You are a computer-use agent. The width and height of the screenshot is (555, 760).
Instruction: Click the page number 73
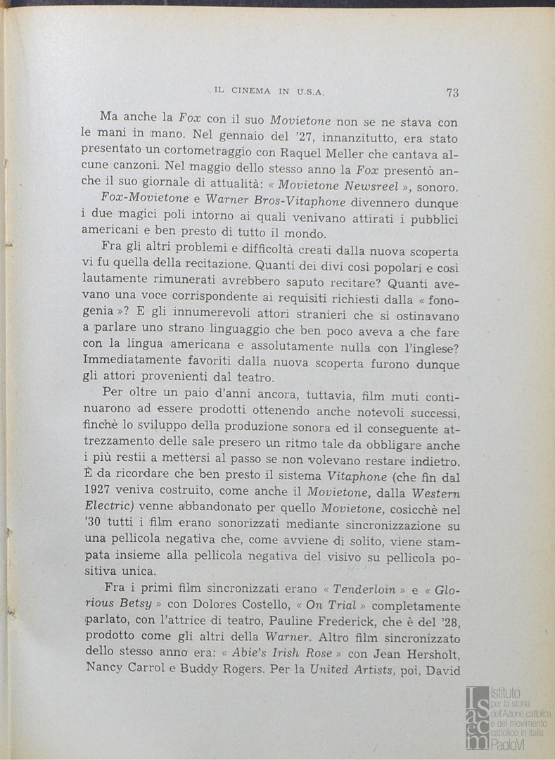[452, 92]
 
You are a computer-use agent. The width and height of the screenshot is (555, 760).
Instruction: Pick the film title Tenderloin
[361, 590]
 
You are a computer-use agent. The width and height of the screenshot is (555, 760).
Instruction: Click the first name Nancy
[104, 669]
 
